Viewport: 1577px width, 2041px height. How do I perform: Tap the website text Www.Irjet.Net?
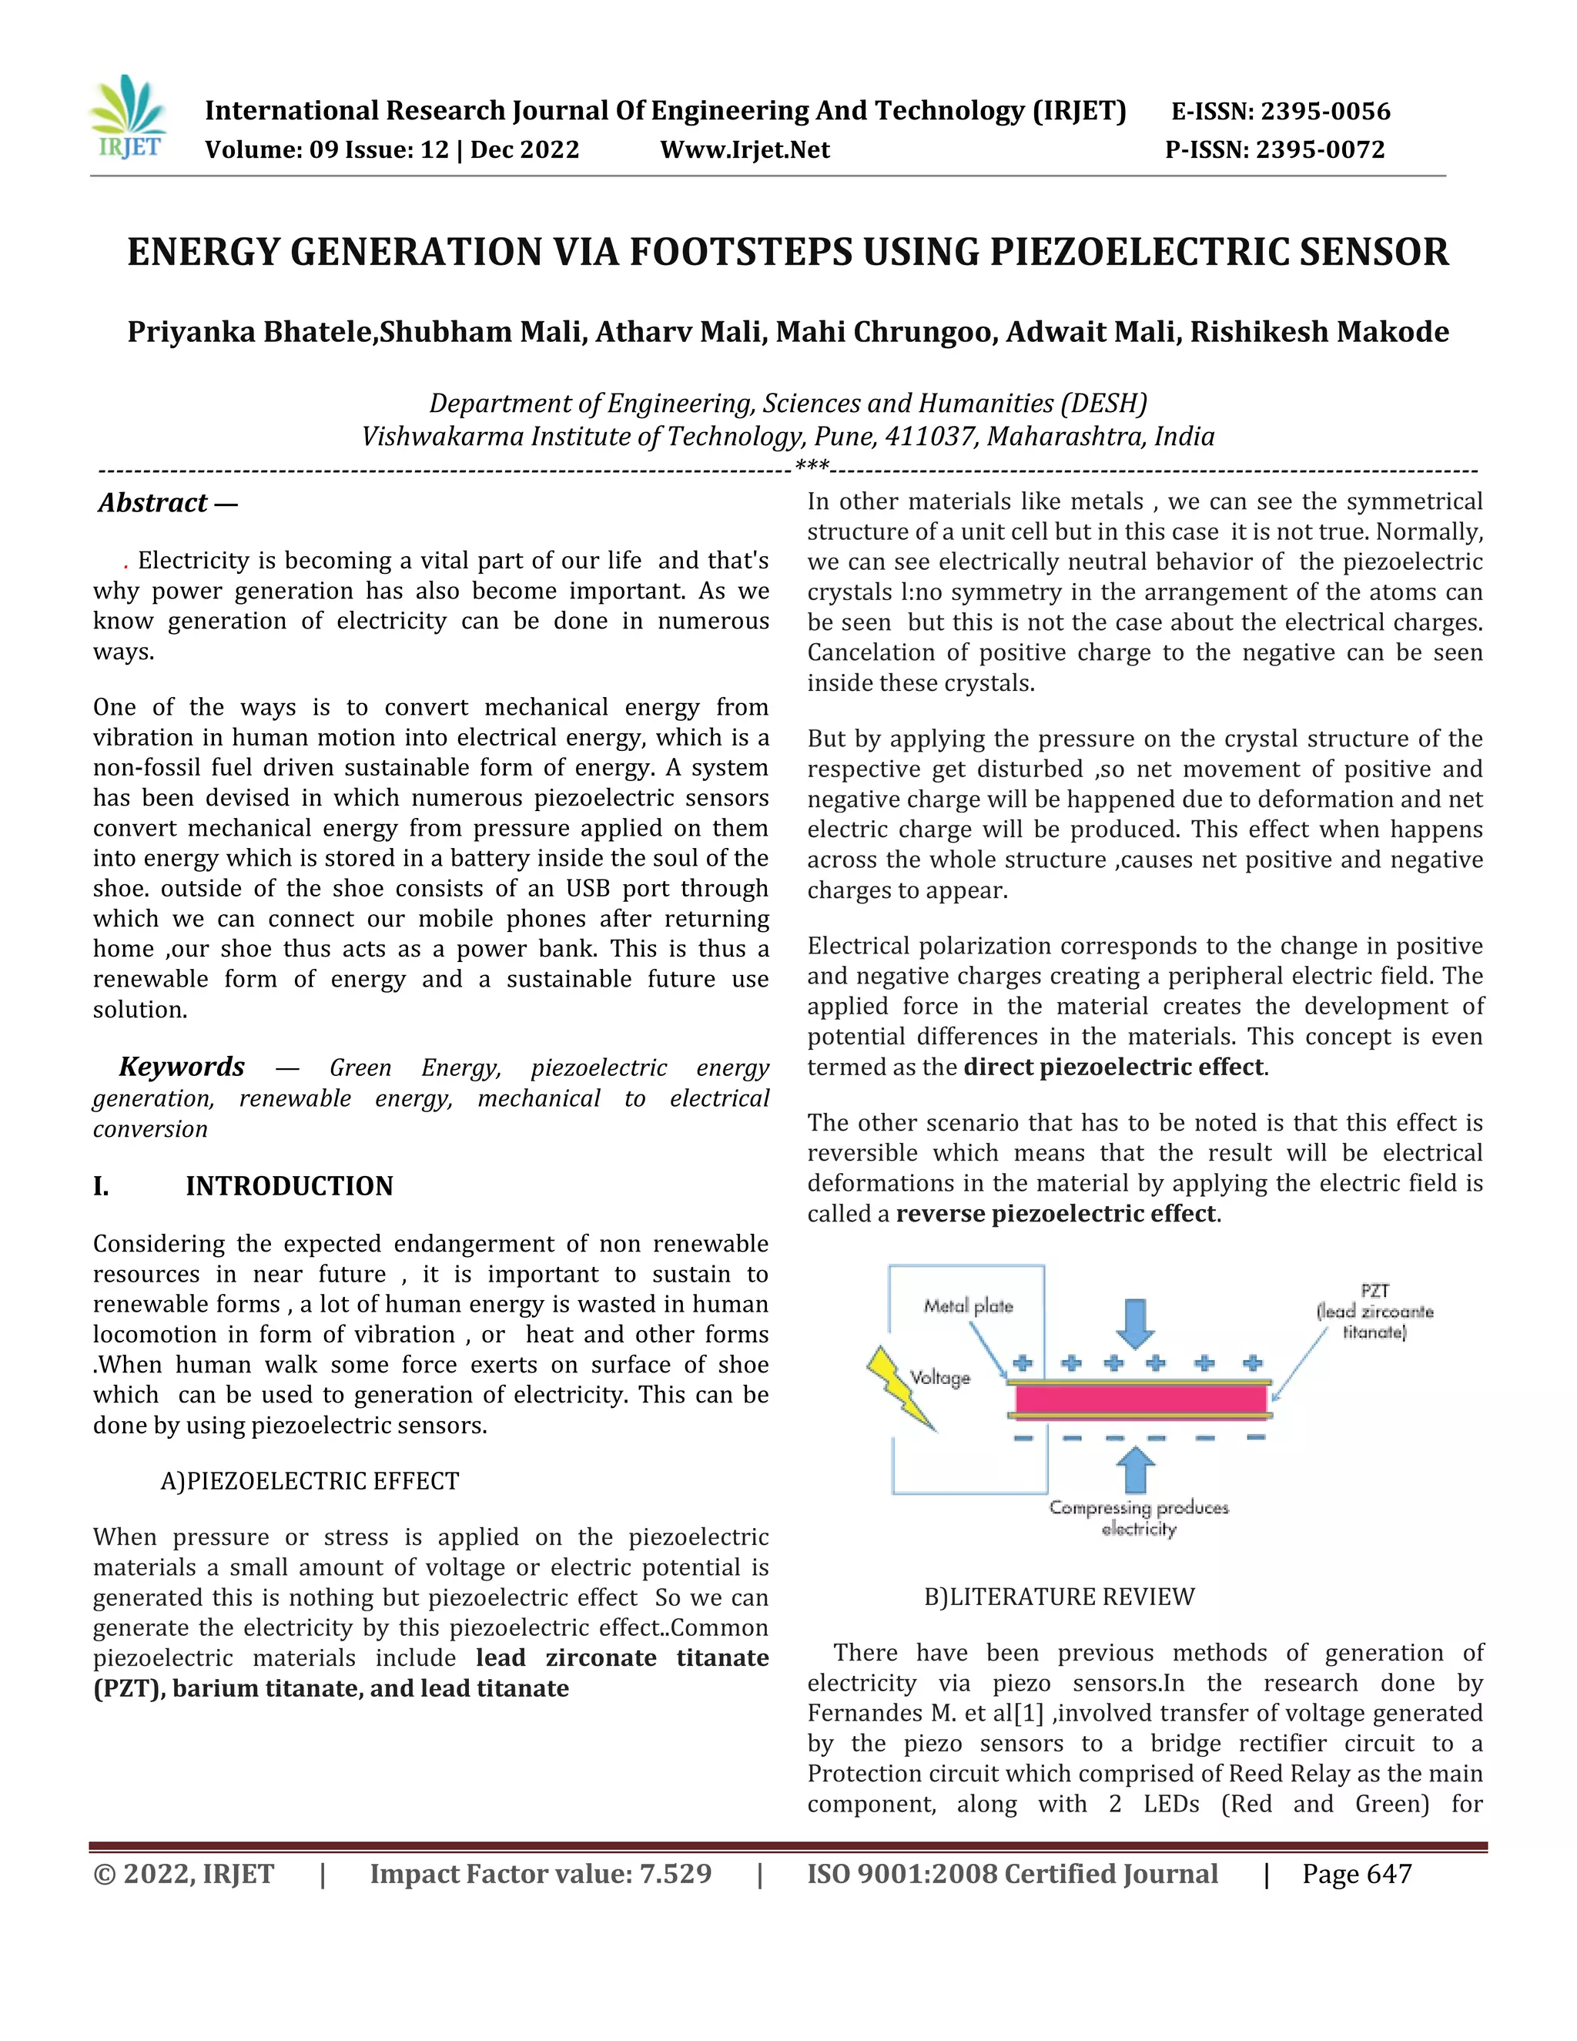(745, 149)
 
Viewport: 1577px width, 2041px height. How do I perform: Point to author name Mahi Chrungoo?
(885, 332)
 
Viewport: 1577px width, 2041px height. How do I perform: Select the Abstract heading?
(154, 503)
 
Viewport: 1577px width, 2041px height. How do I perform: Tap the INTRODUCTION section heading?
(289, 1186)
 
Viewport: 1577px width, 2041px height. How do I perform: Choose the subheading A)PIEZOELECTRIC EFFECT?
(310, 1481)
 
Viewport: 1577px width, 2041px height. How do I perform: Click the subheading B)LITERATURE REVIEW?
(1060, 1596)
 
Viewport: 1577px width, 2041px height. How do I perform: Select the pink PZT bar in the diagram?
(1140, 1399)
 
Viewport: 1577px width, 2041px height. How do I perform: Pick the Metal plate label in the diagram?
(968, 1305)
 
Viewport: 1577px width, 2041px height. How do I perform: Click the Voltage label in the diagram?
(940, 1378)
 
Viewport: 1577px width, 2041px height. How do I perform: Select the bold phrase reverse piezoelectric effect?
(1056, 1214)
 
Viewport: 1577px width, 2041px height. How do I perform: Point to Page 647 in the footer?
(1357, 1874)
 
